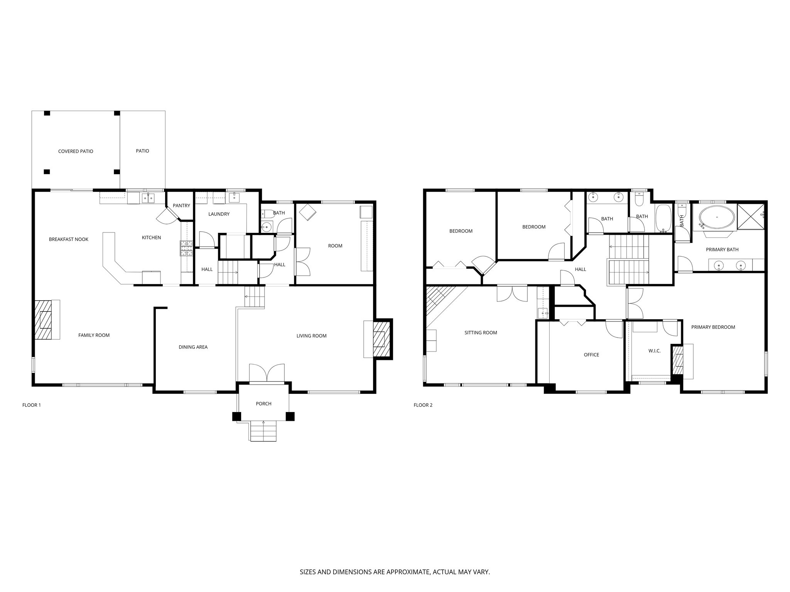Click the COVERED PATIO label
tap(76, 151)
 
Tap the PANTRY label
tap(181, 205)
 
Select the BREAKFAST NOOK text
tap(69, 239)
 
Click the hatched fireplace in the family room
tap(46, 320)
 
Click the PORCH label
tap(263, 404)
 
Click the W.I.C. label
tap(654, 351)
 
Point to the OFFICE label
tap(591, 355)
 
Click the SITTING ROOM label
tap(481, 332)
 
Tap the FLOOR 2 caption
tap(423, 405)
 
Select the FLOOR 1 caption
tap(32, 405)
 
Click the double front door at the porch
tap(267, 373)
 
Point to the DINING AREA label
tap(193, 347)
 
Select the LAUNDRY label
tap(219, 214)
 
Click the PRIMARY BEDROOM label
tap(713, 327)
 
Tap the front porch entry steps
tap(263, 431)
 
